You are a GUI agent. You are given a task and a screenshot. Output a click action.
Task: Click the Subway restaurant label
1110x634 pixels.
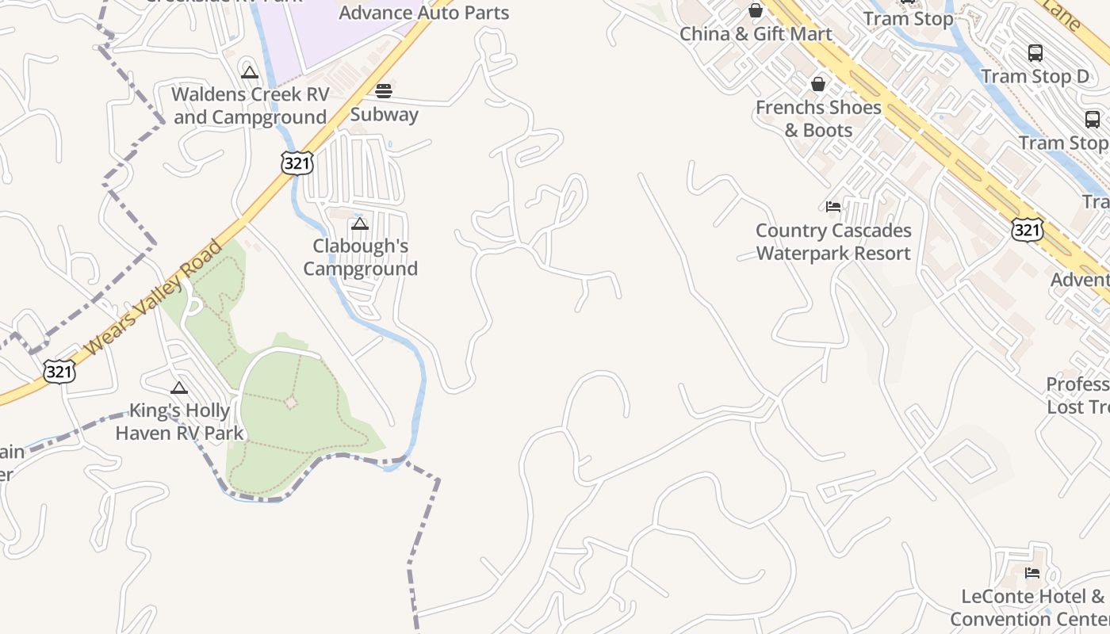click(x=384, y=114)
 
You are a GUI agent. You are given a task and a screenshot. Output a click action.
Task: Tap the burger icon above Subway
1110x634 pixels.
click(x=384, y=90)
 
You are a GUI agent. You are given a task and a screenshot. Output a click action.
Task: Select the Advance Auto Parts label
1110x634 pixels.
click(x=424, y=13)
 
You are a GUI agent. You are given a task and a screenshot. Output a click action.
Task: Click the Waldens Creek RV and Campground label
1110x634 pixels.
click(x=251, y=105)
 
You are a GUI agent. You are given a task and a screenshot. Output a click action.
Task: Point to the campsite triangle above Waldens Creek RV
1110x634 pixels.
click(x=250, y=73)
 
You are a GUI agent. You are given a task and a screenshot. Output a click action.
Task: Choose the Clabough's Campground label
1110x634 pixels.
click(x=360, y=257)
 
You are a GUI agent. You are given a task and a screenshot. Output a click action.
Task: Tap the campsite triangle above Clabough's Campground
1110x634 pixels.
click(x=360, y=224)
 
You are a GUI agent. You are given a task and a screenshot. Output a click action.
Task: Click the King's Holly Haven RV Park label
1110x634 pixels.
click(x=179, y=422)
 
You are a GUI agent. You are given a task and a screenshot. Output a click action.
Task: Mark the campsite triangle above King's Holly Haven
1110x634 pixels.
click(x=179, y=388)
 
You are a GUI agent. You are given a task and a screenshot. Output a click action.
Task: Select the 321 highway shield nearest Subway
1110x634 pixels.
click(x=297, y=163)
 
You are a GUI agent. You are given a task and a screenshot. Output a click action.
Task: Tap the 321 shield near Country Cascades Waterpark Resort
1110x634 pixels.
click(x=1027, y=230)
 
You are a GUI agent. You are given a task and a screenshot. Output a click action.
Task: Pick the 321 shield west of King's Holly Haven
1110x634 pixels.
click(x=59, y=371)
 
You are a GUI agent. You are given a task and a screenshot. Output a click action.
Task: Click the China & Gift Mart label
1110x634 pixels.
click(x=756, y=34)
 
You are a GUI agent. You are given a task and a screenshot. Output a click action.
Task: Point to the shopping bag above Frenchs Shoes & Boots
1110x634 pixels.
click(x=818, y=84)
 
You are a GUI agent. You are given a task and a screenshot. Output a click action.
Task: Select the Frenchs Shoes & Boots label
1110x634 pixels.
click(x=818, y=118)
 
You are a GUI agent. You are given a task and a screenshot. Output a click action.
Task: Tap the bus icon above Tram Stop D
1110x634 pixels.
click(x=1035, y=53)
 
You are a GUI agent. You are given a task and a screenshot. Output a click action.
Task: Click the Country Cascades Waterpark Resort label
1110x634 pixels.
click(x=833, y=242)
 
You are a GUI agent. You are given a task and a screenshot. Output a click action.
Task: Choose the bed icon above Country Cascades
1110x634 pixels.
click(x=833, y=207)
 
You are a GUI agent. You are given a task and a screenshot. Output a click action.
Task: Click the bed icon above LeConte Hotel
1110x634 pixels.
click(x=1032, y=573)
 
